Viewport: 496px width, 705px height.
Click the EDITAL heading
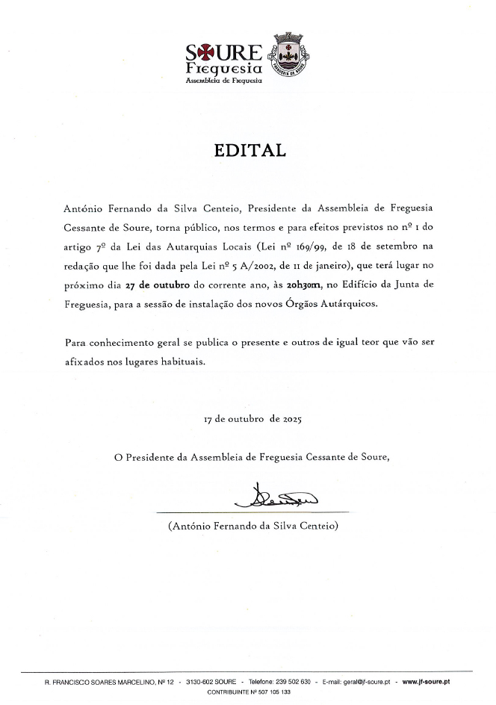coord(250,150)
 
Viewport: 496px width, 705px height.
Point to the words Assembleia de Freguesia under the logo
coord(223,79)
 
